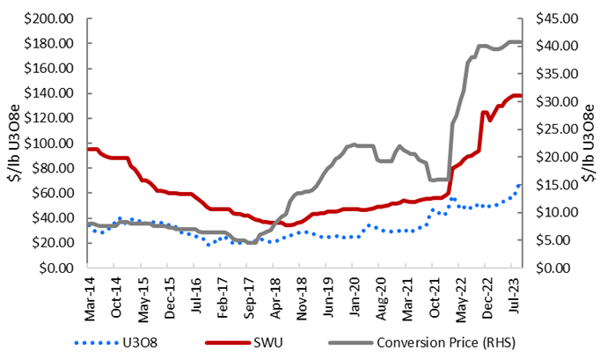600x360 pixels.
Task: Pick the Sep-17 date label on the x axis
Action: (x=250, y=290)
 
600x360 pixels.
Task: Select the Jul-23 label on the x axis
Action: (x=514, y=290)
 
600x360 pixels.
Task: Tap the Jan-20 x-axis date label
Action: (x=355, y=290)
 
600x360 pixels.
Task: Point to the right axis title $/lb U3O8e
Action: (x=589, y=143)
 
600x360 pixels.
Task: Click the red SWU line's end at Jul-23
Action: (x=521, y=96)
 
